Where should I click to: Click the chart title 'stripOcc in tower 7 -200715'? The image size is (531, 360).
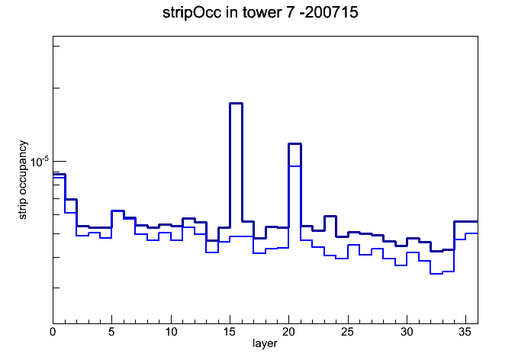click(260, 13)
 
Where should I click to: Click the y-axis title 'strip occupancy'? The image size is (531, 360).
click(22, 180)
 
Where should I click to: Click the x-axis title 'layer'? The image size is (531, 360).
click(265, 344)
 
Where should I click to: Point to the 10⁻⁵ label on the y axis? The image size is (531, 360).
click(39, 162)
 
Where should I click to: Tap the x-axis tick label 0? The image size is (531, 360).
click(53, 332)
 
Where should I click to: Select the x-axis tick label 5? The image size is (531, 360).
click(111, 332)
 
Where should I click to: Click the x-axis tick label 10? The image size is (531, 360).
click(171, 332)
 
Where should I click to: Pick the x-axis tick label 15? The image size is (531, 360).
click(230, 332)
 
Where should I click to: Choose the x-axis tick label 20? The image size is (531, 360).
click(288, 332)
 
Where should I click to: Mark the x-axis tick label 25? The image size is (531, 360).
click(347, 332)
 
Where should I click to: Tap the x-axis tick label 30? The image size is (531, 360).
click(407, 332)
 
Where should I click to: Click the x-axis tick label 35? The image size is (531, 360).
click(465, 332)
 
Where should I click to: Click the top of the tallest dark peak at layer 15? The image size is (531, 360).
click(236, 103)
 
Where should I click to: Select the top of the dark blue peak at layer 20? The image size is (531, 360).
click(295, 144)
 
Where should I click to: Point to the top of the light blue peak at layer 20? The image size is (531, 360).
click(295, 166)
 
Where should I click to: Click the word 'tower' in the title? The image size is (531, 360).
click(261, 13)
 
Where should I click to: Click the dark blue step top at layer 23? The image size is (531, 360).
click(330, 216)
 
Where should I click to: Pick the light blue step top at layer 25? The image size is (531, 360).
click(353, 245)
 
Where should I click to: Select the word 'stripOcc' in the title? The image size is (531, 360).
click(192, 13)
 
